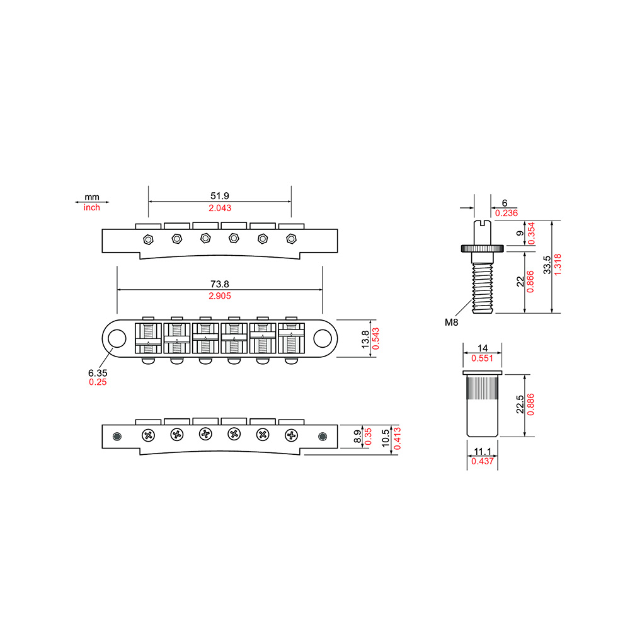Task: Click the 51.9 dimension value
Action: pyautogui.click(x=220, y=196)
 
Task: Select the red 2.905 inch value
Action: pyautogui.click(x=220, y=296)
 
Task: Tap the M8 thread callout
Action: pyautogui.click(x=451, y=322)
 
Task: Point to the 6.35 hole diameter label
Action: pyautogui.click(x=98, y=373)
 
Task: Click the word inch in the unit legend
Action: pyautogui.click(x=91, y=207)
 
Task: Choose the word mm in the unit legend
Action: pyautogui.click(x=91, y=197)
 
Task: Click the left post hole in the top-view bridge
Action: pyautogui.click(x=117, y=338)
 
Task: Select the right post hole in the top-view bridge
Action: pyautogui.click(x=322, y=338)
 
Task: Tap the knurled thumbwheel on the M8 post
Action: pyautogui.click(x=482, y=249)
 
